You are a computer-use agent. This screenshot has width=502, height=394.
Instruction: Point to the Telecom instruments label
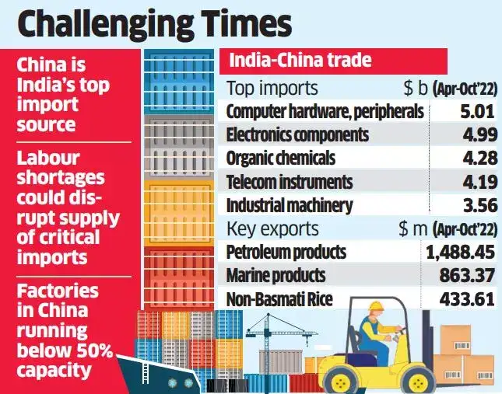[x=289, y=182]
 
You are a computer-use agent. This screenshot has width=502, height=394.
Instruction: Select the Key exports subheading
[x=272, y=228]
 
